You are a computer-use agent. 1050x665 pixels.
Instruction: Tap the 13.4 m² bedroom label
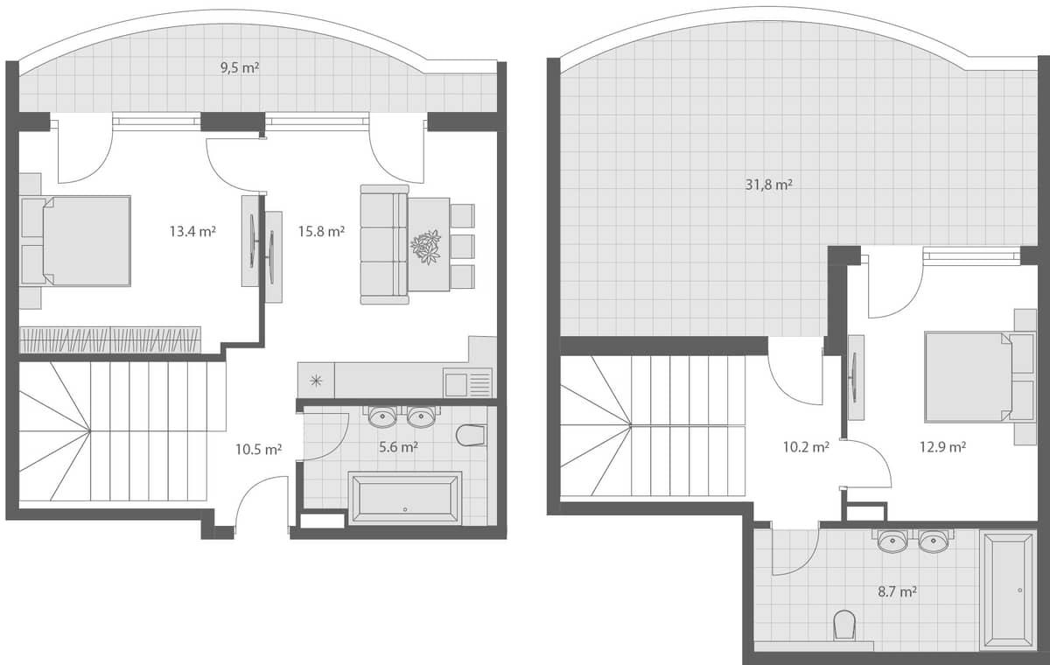click(x=192, y=232)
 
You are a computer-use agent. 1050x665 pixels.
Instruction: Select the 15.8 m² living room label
click(x=321, y=232)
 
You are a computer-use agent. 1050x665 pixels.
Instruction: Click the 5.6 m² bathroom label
click(x=397, y=447)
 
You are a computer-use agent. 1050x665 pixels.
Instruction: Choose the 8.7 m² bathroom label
click(x=897, y=591)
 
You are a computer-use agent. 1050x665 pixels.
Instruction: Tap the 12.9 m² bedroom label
click(x=943, y=447)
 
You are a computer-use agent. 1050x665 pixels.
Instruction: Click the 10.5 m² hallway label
click(x=258, y=450)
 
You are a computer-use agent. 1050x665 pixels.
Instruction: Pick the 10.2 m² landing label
click(x=805, y=447)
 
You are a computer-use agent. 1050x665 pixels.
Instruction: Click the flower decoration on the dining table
click(x=427, y=246)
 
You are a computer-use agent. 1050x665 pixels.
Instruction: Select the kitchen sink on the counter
click(x=467, y=382)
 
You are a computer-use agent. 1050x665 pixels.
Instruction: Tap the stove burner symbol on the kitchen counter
click(x=316, y=381)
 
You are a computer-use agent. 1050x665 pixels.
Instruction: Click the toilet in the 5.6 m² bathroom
click(x=471, y=435)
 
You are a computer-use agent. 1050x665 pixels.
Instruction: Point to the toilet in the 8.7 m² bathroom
click(x=844, y=625)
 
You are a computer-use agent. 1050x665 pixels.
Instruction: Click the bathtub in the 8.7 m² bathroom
click(x=1008, y=590)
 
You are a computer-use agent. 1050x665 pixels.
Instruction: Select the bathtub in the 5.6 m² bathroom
click(x=404, y=499)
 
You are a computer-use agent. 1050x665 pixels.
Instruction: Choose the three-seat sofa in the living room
click(x=383, y=244)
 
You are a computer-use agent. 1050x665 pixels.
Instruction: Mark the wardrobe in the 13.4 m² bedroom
click(x=110, y=339)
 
